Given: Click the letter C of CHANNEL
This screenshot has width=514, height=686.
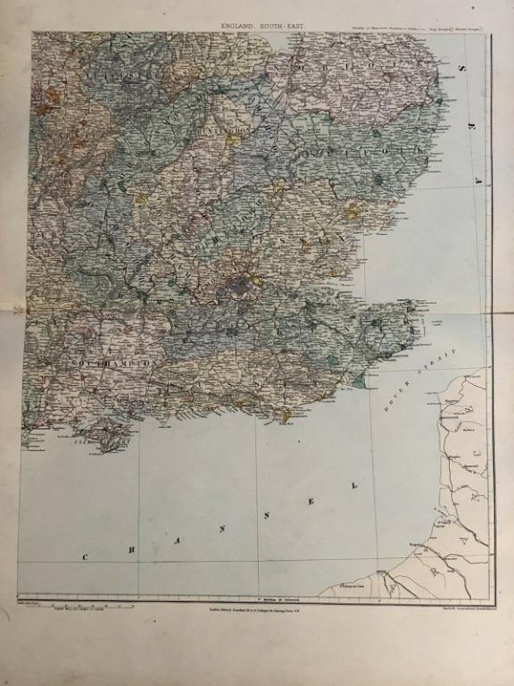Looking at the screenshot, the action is [86, 557].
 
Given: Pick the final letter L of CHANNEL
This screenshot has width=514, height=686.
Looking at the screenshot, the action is [355, 485].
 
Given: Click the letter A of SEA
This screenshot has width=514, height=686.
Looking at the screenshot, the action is [477, 180].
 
